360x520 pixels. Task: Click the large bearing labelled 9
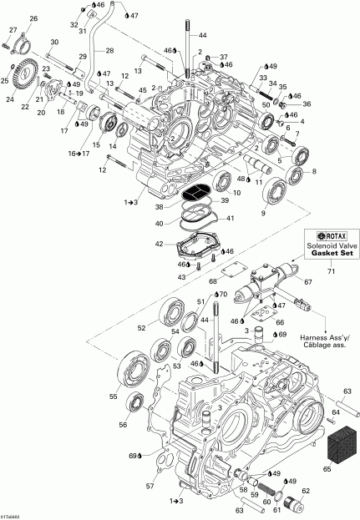[275, 195]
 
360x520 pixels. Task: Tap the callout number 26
[33, 18]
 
